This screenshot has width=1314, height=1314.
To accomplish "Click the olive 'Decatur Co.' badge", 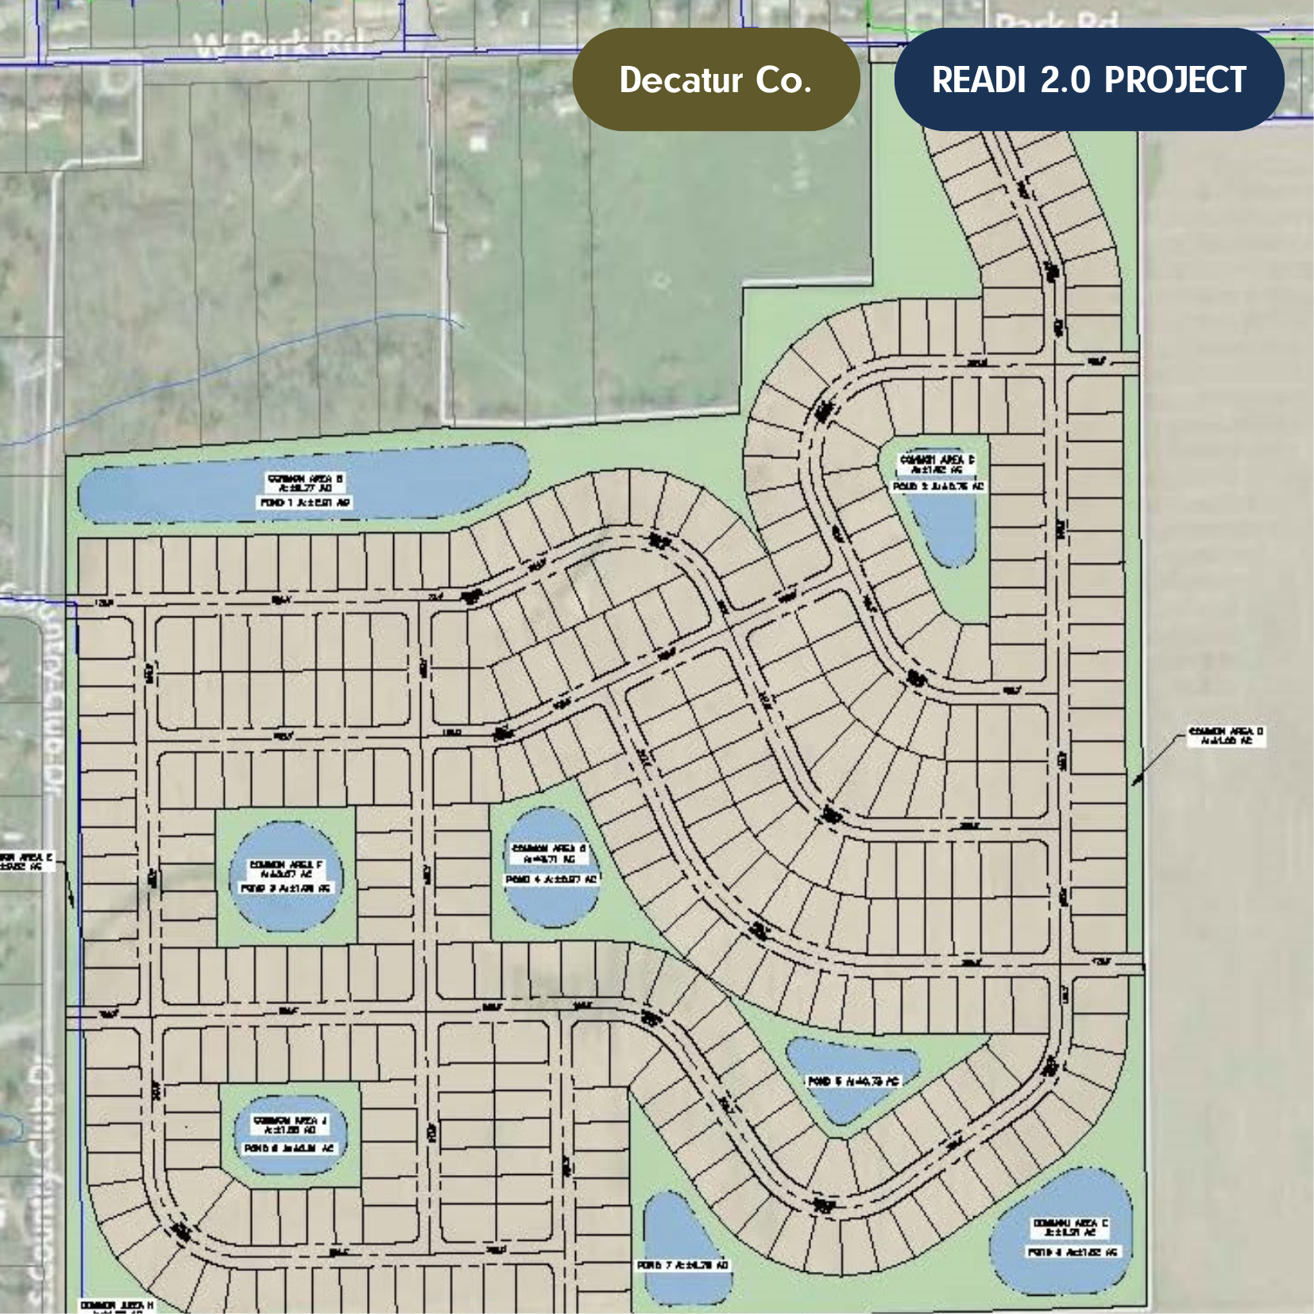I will coord(715,79).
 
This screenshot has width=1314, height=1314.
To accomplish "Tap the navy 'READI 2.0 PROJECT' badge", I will coord(1088,79).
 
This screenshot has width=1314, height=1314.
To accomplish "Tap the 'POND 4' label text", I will coord(551,879).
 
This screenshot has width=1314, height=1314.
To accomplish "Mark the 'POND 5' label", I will coord(853,1081).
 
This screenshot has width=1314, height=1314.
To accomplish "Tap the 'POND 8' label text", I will coord(1072,1252).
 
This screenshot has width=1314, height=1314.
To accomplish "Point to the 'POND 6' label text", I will coord(289,1148).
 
